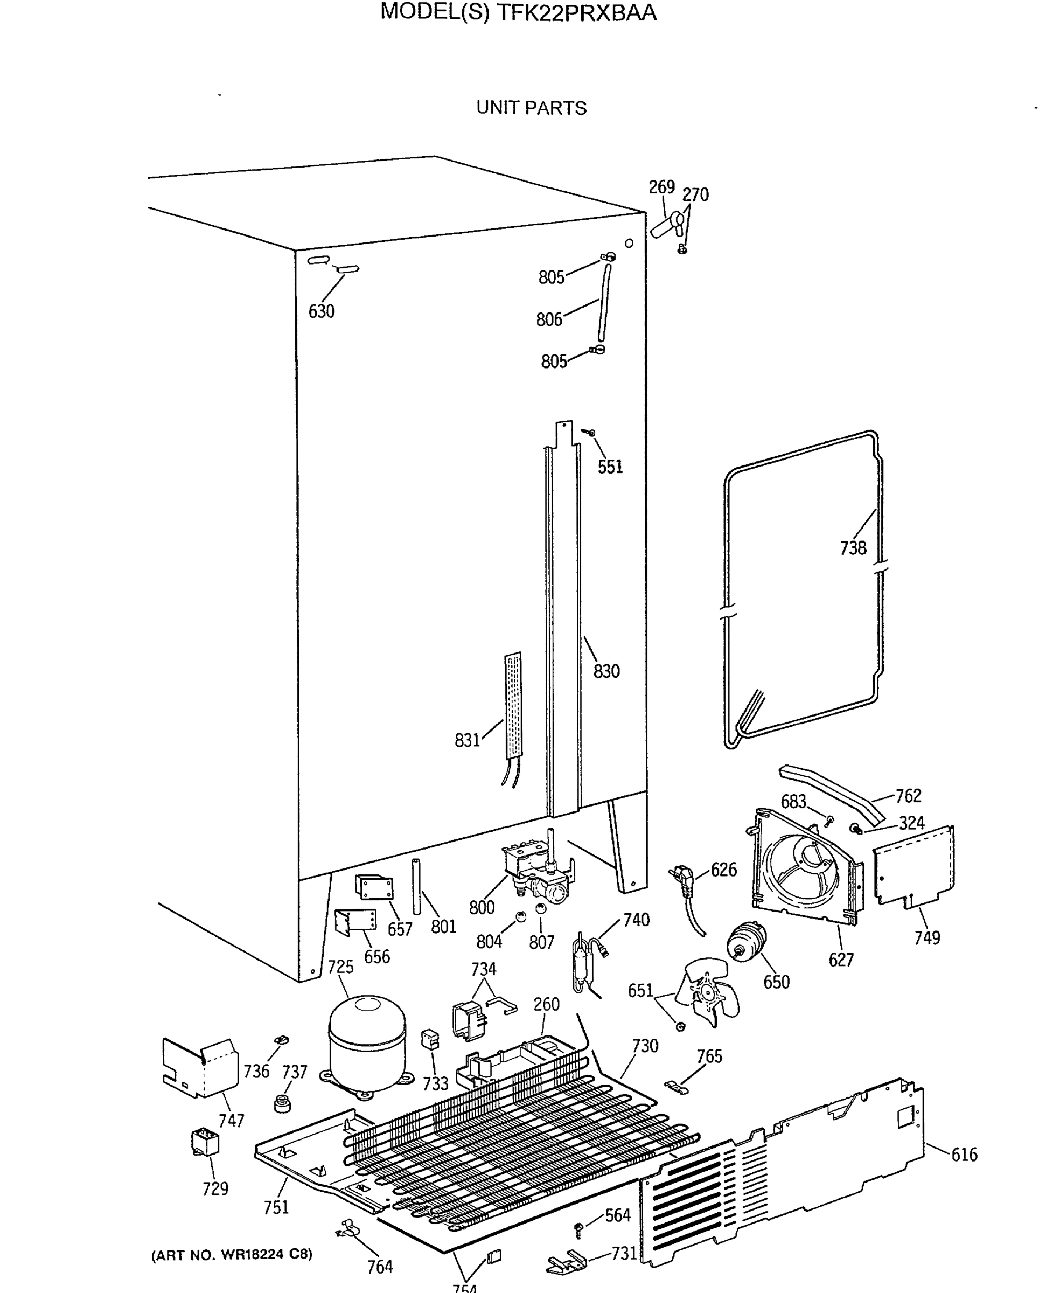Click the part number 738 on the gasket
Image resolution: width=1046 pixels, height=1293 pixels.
click(853, 548)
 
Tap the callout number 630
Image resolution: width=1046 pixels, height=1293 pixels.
click(321, 311)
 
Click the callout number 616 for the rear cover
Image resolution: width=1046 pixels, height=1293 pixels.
click(964, 1155)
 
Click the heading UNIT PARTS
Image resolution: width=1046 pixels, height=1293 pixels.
click(531, 108)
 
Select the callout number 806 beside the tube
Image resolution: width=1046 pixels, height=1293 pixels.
click(548, 319)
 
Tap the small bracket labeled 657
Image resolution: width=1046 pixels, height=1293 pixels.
click(374, 887)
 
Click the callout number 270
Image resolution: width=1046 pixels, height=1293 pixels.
click(695, 194)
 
